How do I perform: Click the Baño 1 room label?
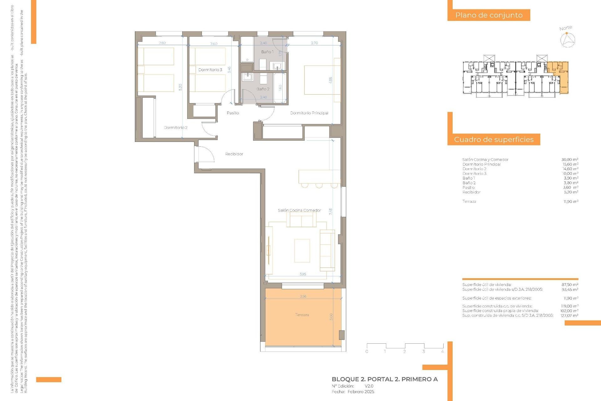click(x=267, y=52)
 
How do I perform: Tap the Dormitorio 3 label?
click(x=210, y=70)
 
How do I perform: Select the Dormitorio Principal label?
click(x=309, y=113)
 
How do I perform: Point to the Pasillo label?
click(x=233, y=113)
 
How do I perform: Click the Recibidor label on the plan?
click(x=234, y=154)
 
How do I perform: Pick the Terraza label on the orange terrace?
click(x=302, y=315)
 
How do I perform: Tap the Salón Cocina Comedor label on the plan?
click(x=299, y=210)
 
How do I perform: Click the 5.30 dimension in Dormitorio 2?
click(x=180, y=87)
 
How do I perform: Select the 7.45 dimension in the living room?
click(x=331, y=211)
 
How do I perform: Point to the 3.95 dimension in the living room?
click(x=303, y=274)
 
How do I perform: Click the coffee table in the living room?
click(x=302, y=251)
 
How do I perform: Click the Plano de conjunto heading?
click(x=489, y=15)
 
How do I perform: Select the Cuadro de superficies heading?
click(x=494, y=139)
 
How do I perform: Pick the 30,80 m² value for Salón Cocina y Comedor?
click(x=570, y=159)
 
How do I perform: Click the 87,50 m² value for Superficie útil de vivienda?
click(x=570, y=285)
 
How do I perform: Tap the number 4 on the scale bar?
click(x=442, y=352)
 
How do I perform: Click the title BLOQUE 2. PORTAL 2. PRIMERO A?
click(x=384, y=379)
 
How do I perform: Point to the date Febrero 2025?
click(x=361, y=392)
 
